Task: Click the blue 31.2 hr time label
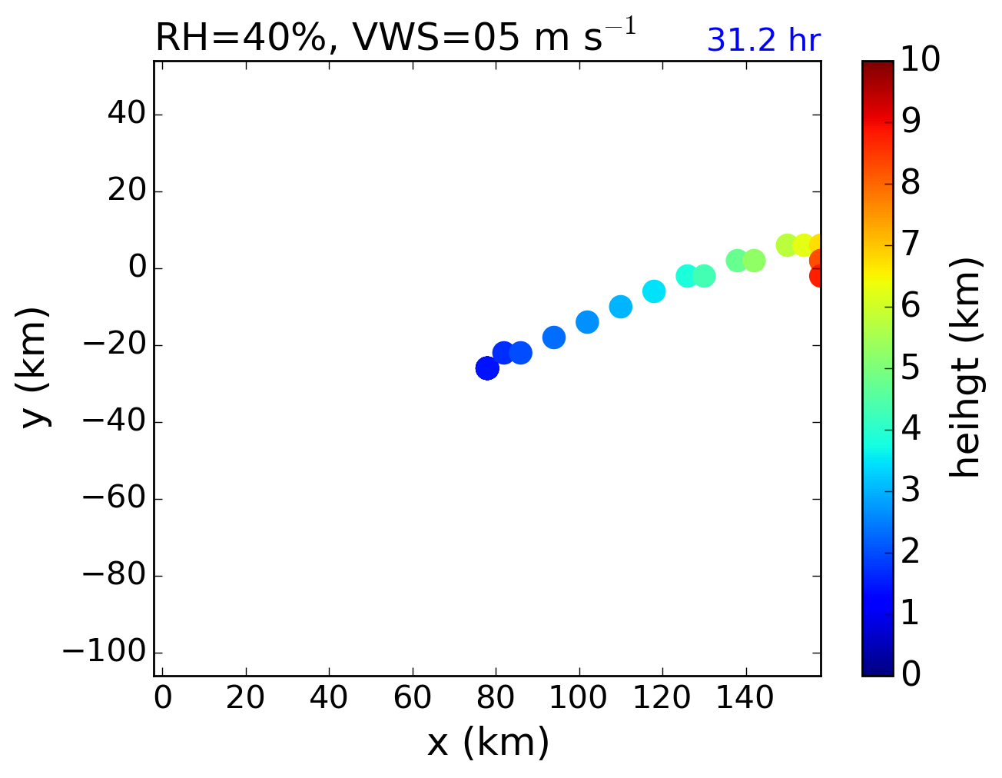763,41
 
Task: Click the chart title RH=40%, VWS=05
395,38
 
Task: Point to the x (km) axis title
488,743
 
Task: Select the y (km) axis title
35,367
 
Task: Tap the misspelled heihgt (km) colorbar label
964,367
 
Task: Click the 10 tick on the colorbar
921,60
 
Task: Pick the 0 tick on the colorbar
911,674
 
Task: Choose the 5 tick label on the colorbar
911,367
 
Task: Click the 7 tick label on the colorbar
911,244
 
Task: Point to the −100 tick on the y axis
103,652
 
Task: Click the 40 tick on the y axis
127,115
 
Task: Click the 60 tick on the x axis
412,698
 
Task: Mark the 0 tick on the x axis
162,698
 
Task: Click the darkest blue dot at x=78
487,368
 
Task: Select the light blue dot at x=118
654,291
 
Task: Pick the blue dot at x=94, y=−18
554,337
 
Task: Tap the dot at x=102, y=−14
587,322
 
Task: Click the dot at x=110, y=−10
621,307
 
